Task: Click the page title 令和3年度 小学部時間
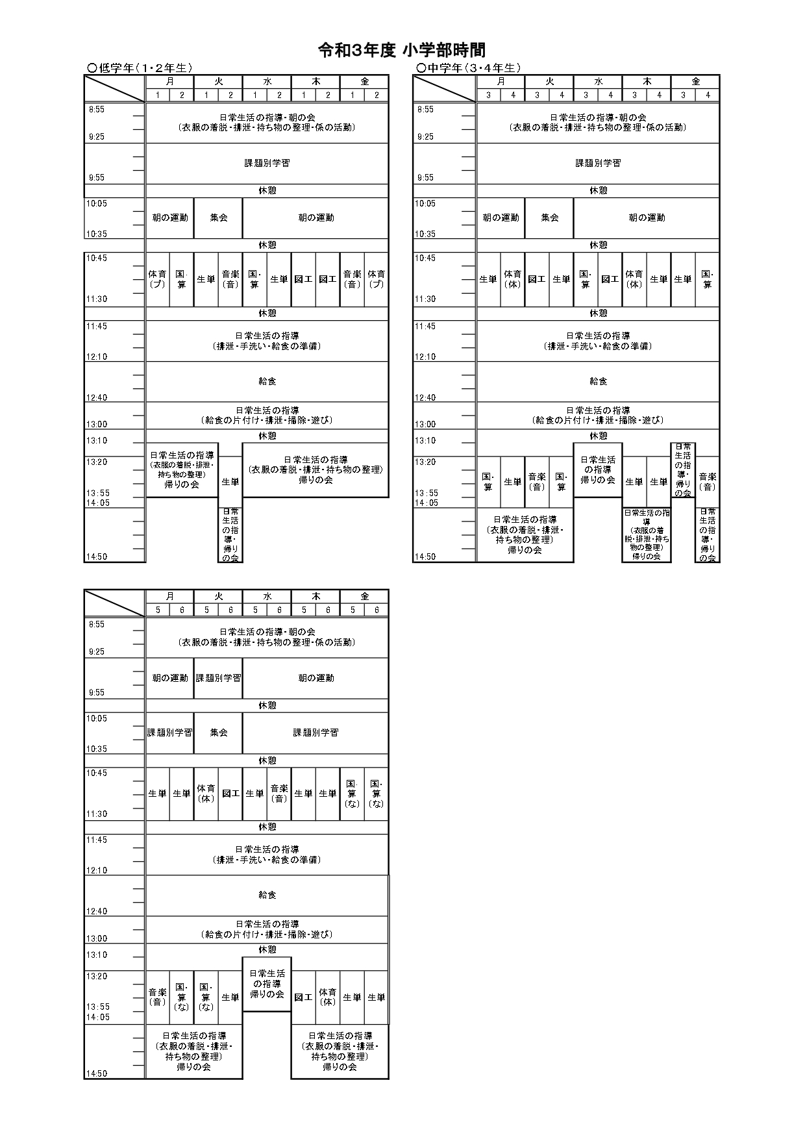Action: click(402, 51)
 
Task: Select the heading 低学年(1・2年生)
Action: click(140, 68)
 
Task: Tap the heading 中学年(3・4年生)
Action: click(469, 68)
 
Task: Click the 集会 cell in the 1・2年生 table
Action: click(219, 218)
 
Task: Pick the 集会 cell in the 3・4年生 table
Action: click(550, 218)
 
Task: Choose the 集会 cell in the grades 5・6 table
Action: click(219, 732)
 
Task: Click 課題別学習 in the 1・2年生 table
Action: click(267, 163)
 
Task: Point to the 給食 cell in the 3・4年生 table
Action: click(598, 381)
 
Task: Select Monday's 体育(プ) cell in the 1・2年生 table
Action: click(158, 279)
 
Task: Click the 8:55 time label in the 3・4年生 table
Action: click(425, 110)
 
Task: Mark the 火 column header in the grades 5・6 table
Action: click(219, 596)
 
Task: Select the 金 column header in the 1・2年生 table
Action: click(365, 82)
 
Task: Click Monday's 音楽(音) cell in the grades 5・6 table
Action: click(158, 997)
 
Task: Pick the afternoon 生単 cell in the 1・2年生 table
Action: click(230, 482)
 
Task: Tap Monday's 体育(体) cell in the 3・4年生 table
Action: click(513, 279)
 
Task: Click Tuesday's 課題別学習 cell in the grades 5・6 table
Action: click(219, 678)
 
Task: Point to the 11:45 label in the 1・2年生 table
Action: click(97, 327)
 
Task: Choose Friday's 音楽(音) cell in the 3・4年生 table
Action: click(708, 482)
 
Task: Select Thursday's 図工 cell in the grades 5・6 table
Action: click(303, 997)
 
